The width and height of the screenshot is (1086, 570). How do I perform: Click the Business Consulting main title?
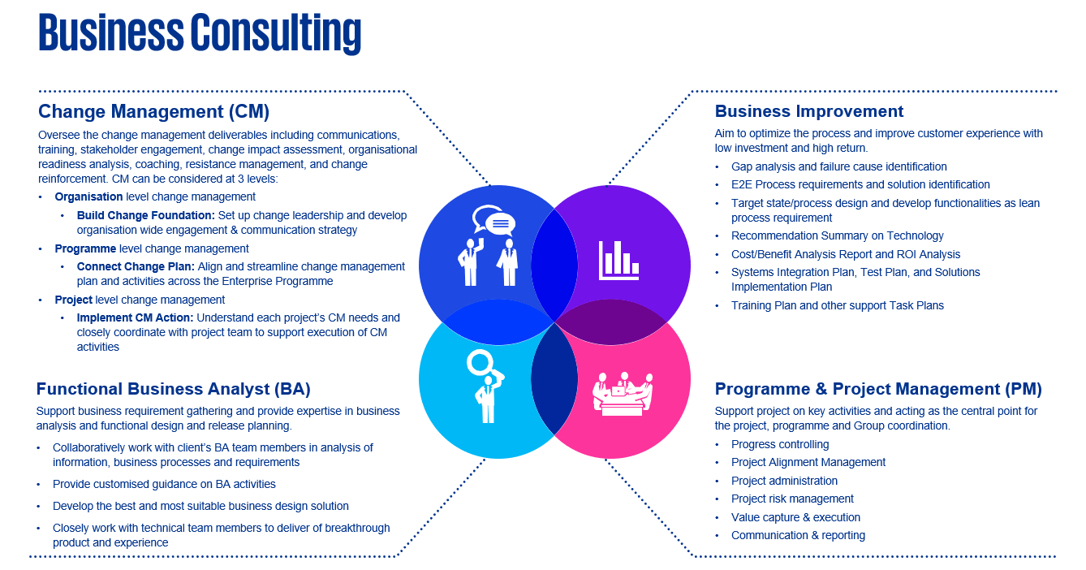point(200,33)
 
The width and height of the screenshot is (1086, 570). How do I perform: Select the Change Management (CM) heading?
point(153,111)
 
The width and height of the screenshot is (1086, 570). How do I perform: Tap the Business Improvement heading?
point(808,111)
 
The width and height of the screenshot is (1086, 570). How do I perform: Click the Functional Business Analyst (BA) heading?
point(173,389)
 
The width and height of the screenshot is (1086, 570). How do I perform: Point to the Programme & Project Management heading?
point(877,389)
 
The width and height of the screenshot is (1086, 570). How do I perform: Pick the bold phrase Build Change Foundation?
point(145,216)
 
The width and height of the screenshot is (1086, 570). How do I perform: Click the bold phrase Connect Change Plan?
point(136,266)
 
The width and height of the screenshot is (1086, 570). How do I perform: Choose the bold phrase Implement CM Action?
point(135,317)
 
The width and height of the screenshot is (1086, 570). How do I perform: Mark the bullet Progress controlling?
point(779,444)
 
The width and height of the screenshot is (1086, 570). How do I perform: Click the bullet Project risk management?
point(792,499)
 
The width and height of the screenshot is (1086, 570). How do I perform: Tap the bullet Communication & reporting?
point(798,535)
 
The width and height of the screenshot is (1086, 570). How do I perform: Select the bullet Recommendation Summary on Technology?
point(837,235)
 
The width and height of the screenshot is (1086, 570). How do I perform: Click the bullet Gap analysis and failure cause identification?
point(838,166)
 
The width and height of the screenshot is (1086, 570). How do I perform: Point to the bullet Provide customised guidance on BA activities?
point(164,484)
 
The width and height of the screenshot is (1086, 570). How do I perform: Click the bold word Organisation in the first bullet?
point(88,196)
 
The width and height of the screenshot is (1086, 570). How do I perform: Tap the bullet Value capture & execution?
point(795,517)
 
